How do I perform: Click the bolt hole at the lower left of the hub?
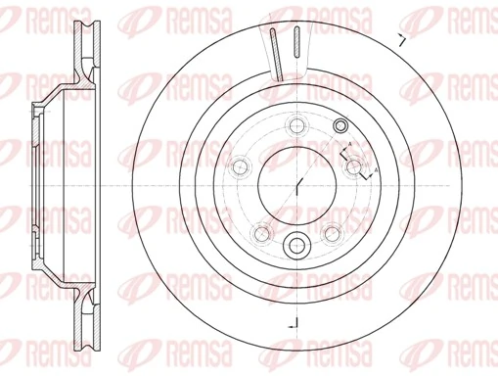261,233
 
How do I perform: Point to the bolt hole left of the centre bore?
238,167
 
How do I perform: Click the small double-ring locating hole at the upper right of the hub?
340,125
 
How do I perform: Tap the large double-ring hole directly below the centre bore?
297,245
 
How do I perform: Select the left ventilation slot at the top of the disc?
273,54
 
